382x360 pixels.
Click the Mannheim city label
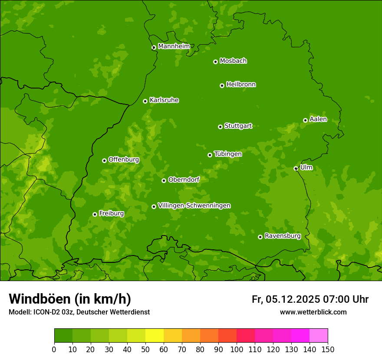click(x=174, y=46)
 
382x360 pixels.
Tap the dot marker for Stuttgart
click(x=220, y=127)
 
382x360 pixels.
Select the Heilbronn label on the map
click(x=241, y=85)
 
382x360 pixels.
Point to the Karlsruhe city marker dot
click(x=145, y=101)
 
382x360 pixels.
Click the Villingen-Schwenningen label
click(x=194, y=206)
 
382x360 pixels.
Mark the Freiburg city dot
click(x=95, y=214)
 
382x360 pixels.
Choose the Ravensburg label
click(x=283, y=236)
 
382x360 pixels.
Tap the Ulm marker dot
click(x=296, y=168)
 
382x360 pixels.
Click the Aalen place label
click(x=318, y=119)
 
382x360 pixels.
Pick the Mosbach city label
click(x=233, y=61)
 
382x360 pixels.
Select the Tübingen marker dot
click(x=210, y=155)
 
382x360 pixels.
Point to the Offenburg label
click(x=124, y=160)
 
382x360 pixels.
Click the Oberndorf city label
click(x=184, y=180)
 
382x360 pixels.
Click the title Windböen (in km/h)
click(x=70, y=299)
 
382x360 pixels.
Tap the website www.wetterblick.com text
click(x=313, y=312)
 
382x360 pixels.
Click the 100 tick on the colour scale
click(x=237, y=349)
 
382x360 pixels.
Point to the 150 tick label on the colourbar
click(x=328, y=349)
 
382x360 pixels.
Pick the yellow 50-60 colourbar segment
click(x=155, y=336)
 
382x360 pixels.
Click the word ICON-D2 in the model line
click(x=46, y=312)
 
